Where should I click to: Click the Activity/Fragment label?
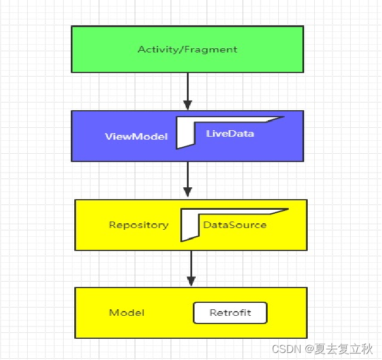[187, 49]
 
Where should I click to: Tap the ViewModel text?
[136, 137]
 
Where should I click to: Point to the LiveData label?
[230, 134]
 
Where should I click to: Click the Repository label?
[139, 225]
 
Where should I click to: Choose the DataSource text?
[235, 225]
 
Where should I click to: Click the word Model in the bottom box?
[127, 313]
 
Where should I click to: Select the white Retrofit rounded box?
[230, 313]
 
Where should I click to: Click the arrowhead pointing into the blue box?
[187, 105]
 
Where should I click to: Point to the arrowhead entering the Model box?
[190, 281]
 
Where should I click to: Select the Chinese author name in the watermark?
[350, 349]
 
